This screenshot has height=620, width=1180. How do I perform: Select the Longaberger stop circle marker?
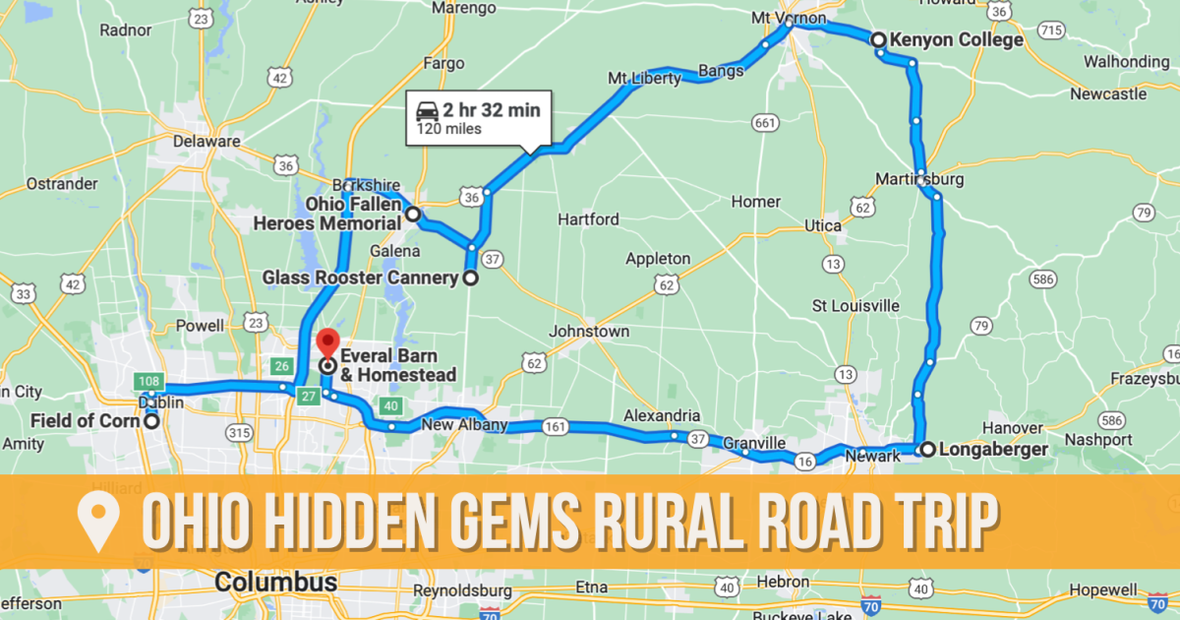(926, 450)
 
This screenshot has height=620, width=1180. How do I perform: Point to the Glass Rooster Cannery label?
(360, 279)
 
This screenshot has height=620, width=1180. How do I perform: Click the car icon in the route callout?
(428, 109)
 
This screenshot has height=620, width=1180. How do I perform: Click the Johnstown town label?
(589, 332)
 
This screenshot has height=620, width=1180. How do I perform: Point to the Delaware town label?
(206, 141)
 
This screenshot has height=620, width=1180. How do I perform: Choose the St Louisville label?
(855, 305)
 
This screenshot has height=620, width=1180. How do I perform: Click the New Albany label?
(464, 425)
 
